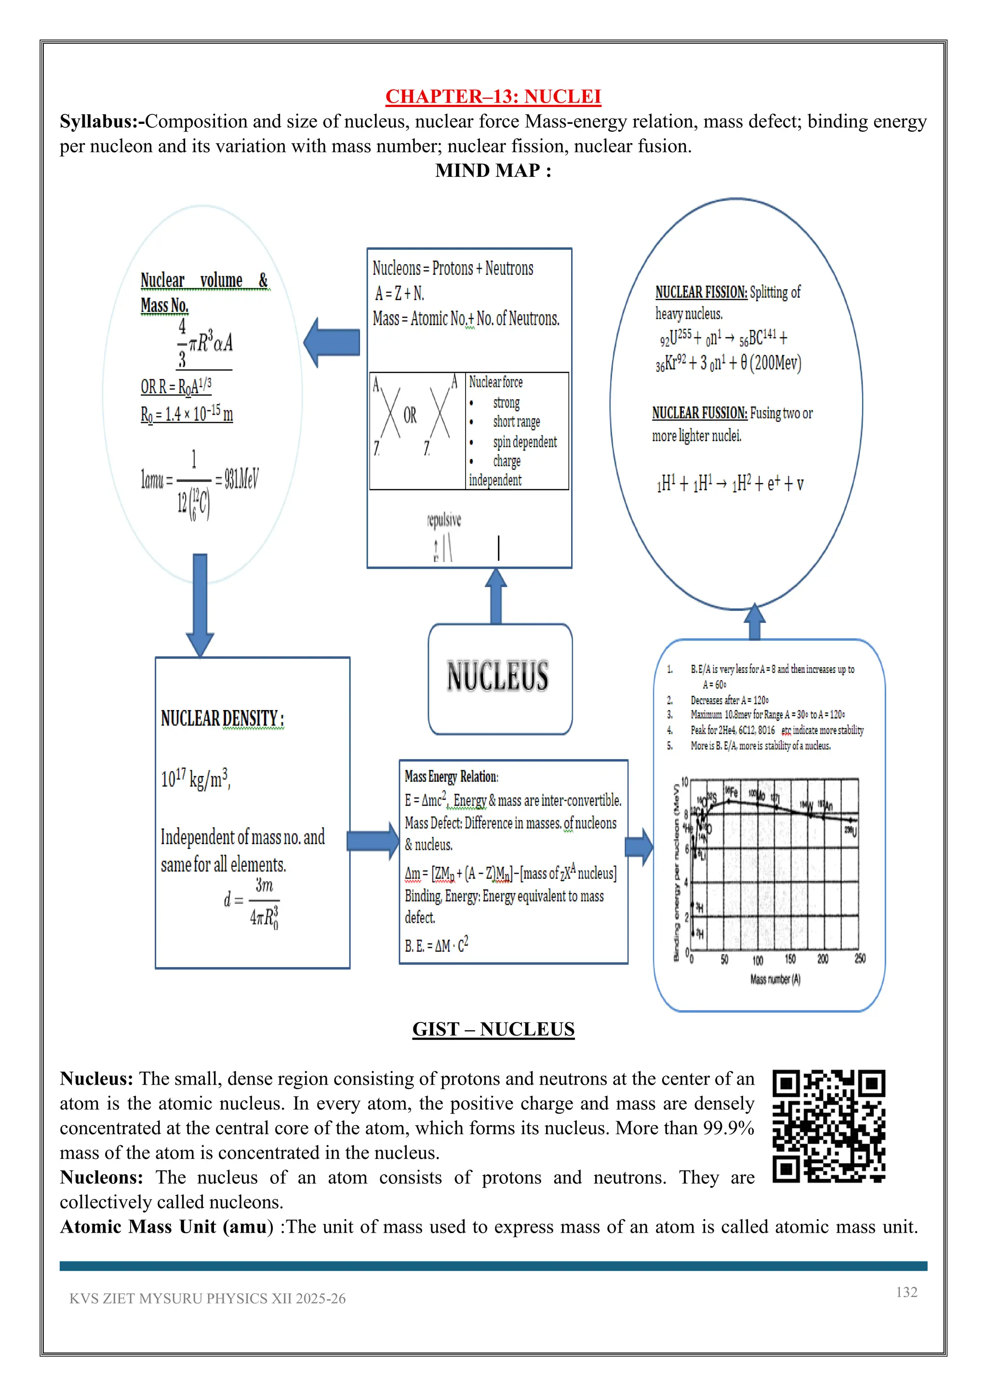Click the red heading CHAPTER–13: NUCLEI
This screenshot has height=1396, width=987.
click(x=493, y=97)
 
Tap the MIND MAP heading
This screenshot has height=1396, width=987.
click(x=493, y=171)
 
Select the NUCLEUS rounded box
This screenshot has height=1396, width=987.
click(x=500, y=677)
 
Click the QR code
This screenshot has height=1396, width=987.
click(x=828, y=1126)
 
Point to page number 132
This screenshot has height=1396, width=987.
click(x=906, y=1292)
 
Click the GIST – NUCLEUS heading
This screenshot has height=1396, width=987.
click(x=493, y=1029)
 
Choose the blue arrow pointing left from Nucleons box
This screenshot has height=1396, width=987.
click(x=332, y=342)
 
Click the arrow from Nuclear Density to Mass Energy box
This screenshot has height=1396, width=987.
click(x=372, y=841)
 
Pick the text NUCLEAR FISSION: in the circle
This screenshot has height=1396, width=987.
click(x=701, y=293)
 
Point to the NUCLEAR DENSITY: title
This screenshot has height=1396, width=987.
click(x=223, y=719)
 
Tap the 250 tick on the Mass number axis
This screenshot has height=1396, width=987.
click(x=860, y=959)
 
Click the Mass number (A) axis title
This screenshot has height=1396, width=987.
click(x=775, y=980)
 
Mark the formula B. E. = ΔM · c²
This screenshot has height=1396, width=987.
click(x=436, y=945)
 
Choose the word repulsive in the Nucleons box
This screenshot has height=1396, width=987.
click(x=444, y=520)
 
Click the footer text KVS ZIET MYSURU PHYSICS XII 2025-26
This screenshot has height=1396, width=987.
click(x=207, y=1299)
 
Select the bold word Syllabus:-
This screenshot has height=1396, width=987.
click(x=102, y=121)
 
